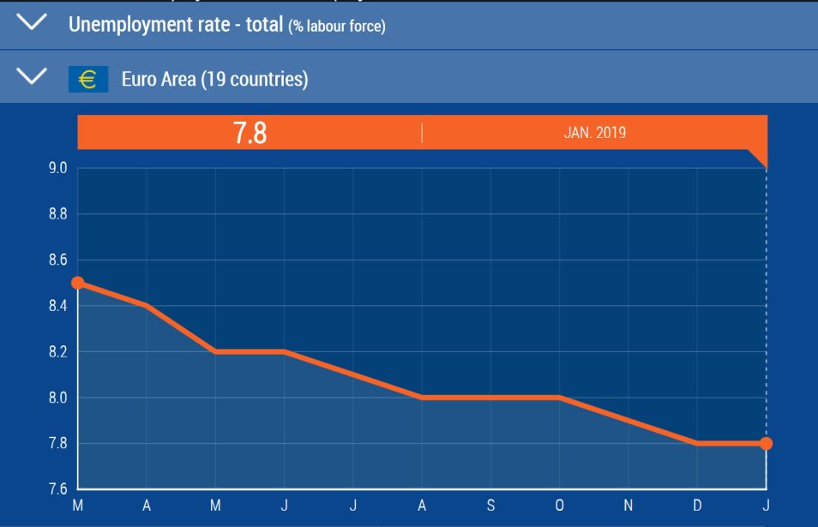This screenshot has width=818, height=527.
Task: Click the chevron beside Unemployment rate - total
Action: coord(33,23)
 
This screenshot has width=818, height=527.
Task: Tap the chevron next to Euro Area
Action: coord(33,77)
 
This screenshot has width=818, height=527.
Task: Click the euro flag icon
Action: coord(88,80)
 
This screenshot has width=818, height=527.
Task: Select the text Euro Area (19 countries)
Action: coord(215,80)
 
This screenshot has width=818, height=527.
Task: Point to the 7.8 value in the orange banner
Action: coord(250,133)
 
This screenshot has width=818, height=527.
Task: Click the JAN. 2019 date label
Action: coord(594,133)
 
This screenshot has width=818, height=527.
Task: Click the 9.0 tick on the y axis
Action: coord(58,168)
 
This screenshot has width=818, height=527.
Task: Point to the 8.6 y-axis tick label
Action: coord(58,260)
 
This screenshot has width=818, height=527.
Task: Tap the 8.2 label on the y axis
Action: coord(58,352)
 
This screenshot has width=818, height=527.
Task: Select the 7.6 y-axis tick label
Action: coord(58,489)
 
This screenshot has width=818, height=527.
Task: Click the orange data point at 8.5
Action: coord(78,283)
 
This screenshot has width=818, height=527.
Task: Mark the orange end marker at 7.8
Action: coord(766,444)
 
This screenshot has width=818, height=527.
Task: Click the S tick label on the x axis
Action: coord(490,506)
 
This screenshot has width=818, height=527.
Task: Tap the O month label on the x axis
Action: coord(559,506)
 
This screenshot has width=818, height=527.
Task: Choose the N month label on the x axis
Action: coord(629,506)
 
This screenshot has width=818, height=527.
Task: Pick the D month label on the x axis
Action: coord(697,506)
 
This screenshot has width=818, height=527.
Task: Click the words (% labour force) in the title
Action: coord(337,27)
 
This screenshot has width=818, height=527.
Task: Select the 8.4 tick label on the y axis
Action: coord(58,306)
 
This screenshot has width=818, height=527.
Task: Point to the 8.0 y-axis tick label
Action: coord(58,398)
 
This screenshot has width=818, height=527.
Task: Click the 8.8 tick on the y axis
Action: coord(58,214)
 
